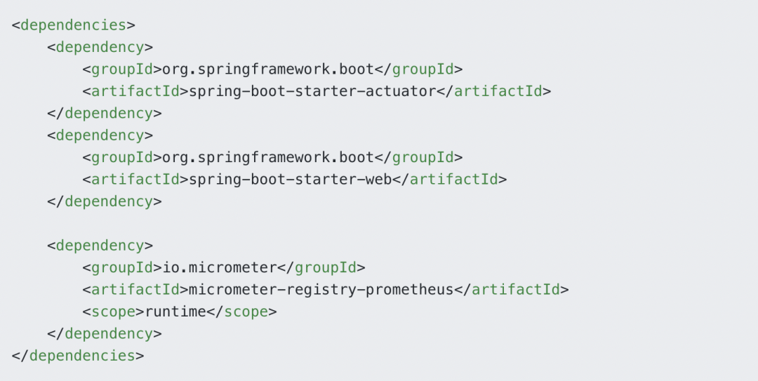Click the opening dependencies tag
tap(73, 25)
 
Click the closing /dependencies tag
tap(77, 355)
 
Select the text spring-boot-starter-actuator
tap(313, 91)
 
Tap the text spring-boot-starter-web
tap(291, 180)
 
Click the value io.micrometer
tap(220, 267)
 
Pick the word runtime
tap(176, 311)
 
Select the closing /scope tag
tap(241, 311)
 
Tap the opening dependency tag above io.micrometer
tap(100, 246)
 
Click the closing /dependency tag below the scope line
tap(104, 333)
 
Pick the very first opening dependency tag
tap(100, 47)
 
